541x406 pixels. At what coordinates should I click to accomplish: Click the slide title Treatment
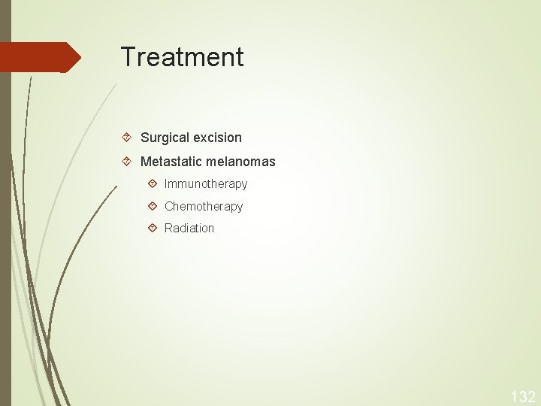point(182,57)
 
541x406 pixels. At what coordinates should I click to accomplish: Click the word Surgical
point(164,138)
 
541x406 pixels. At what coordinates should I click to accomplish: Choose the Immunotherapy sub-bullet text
point(206,184)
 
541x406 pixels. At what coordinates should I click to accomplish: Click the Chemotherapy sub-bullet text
point(204,206)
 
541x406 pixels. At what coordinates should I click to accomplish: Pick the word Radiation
point(189,228)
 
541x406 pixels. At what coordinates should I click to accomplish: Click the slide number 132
point(523,396)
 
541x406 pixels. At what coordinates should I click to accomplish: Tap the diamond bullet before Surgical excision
point(128,138)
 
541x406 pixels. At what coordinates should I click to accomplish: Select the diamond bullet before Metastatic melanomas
point(128,162)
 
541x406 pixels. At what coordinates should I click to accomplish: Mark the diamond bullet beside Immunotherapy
point(153,183)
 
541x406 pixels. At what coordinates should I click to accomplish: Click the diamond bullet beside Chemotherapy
point(153,206)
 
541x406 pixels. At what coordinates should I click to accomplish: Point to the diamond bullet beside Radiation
point(153,228)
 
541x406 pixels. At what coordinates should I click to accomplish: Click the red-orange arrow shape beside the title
point(38,57)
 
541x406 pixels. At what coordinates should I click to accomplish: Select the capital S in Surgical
point(145,138)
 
